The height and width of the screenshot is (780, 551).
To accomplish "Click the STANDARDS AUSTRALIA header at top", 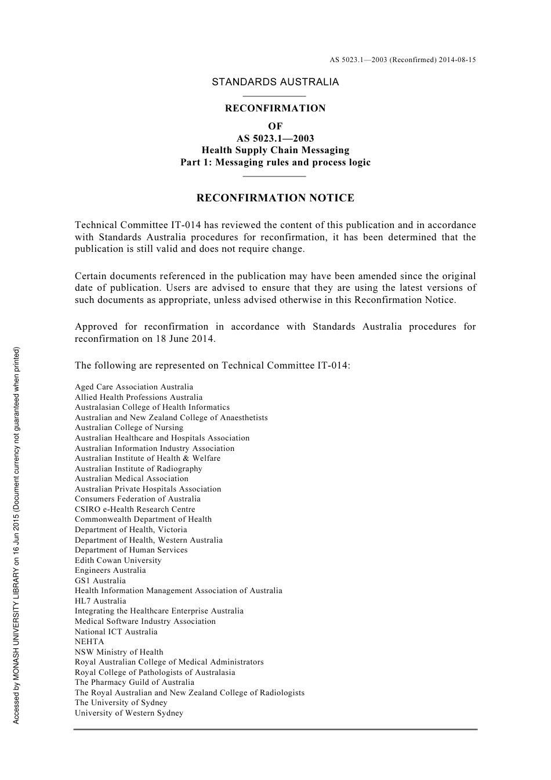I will pos(275,82).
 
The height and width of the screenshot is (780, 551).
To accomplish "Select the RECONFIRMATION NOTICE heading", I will pos(275,198).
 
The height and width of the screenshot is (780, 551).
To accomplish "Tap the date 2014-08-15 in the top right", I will pos(457,60).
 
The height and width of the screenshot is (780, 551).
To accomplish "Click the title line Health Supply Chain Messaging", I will pos(275,150).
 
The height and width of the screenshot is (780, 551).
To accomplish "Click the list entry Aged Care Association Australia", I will pos(134,387).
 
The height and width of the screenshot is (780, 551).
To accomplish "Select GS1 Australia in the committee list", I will pos(100,581).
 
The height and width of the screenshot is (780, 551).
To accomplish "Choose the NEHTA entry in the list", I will pos(89,642).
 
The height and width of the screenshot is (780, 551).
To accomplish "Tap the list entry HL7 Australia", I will pos(100,601).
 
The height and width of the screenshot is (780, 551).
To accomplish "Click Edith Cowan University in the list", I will pos(118,561).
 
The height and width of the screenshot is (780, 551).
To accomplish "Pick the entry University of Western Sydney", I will pos(129,713).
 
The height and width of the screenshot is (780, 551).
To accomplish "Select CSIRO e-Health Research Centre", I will pos(135,510).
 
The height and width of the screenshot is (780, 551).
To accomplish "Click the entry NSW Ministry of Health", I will pos(119,652).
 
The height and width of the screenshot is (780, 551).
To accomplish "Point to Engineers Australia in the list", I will pos(110,570).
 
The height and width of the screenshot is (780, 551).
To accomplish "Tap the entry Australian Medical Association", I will pos(132,479).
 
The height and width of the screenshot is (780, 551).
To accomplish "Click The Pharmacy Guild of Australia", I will pos(135,682).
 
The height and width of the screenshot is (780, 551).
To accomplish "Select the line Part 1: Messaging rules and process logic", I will pos(275,162).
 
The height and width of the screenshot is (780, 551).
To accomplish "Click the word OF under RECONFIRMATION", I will pos(275,126).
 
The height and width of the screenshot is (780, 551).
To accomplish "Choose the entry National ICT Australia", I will pos(116,632).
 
